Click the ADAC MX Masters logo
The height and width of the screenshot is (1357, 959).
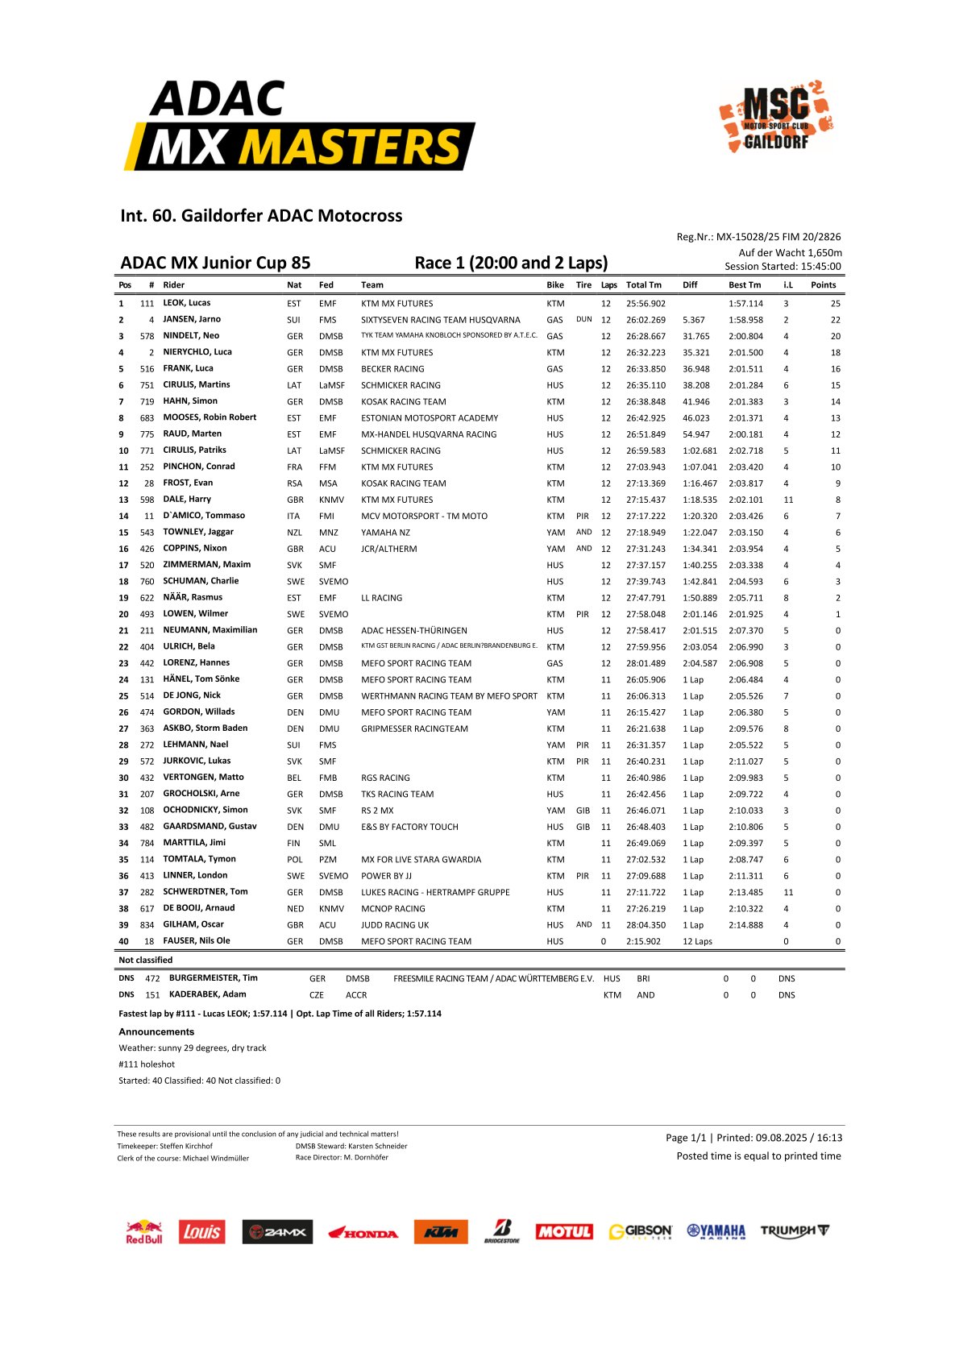point(299,126)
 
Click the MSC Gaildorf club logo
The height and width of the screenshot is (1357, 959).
point(776,116)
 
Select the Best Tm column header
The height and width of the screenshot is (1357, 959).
point(744,285)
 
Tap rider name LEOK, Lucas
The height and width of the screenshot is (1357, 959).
point(186,303)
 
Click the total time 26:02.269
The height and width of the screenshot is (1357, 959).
point(646,320)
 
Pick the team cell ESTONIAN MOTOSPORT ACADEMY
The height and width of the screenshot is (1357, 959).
point(429,418)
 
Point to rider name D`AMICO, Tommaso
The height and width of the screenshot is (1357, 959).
point(204,516)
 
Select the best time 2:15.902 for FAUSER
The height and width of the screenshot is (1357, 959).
point(643,941)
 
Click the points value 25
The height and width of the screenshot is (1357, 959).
point(835,304)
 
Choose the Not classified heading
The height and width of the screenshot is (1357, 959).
point(145,960)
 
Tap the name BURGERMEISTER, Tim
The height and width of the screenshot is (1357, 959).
point(213,978)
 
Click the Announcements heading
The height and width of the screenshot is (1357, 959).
point(156,1031)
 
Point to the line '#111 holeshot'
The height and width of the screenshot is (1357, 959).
point(146,1064)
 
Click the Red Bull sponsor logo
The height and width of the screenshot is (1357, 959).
point(143,1232)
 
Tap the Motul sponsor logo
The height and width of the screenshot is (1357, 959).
point(564,1232)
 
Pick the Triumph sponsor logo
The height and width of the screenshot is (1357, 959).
point(794,1231)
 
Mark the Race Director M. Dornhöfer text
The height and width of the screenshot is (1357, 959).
point(342,1158)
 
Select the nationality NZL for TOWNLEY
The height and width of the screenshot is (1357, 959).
point(294,533)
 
